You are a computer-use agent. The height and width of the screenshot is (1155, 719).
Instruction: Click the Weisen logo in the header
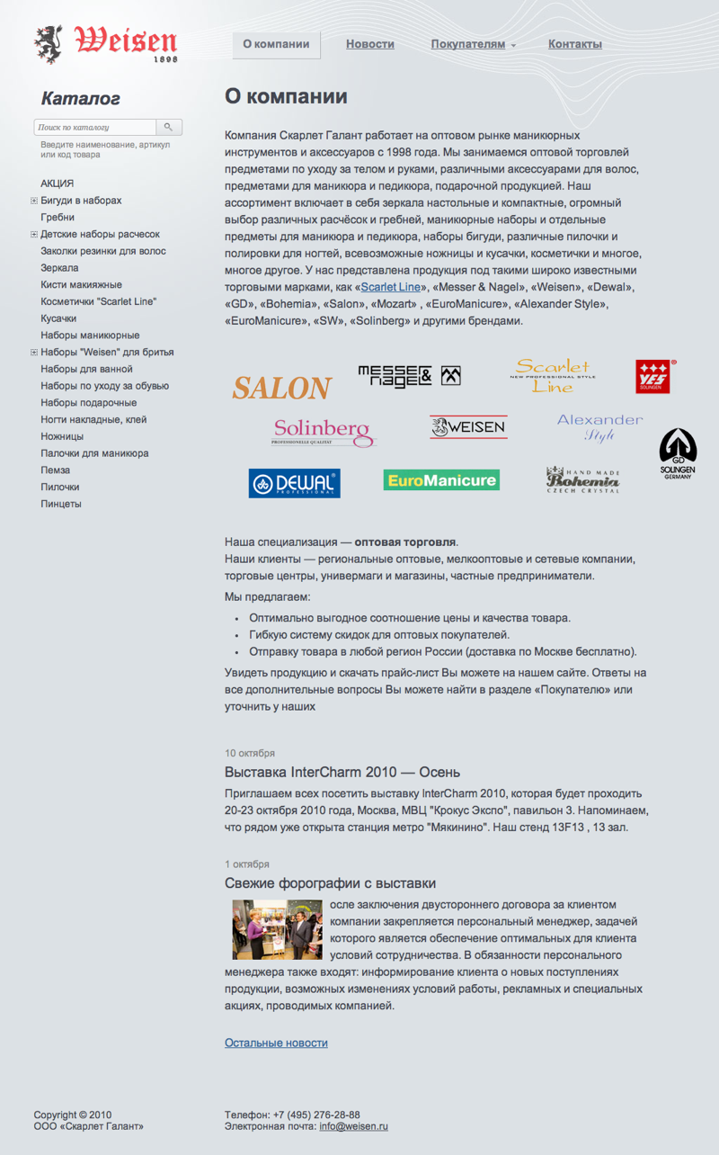click(106, 43)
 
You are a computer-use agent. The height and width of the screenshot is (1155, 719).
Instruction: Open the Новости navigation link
click(370, 44)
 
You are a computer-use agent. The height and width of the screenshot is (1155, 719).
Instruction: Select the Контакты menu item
click(575, 44)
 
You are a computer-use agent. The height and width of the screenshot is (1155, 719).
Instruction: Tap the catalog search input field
click(96, 128)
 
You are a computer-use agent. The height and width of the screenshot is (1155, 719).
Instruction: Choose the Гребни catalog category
click(58, 218)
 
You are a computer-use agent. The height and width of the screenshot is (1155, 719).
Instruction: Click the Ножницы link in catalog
click(62, 436)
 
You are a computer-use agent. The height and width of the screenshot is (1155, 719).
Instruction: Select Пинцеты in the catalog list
click(61, 504)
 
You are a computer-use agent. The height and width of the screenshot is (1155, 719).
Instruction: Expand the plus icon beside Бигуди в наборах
click(34, 201)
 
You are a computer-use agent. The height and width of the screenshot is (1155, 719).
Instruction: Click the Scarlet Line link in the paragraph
click(391, 288)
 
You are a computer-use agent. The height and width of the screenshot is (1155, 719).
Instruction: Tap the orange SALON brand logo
click(282, 388)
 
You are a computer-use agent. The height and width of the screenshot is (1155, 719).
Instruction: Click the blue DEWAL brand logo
click(294, 483)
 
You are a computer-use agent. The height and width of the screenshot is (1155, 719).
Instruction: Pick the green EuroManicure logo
click(441, 480)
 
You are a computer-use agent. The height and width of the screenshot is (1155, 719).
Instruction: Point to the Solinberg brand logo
click(324, 431)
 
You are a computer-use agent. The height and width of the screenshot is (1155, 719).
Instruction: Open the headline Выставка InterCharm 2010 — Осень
click(342, 773)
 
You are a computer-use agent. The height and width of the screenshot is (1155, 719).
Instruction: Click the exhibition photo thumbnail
click(277, 929)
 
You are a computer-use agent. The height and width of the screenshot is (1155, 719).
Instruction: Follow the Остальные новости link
click(276, 1043)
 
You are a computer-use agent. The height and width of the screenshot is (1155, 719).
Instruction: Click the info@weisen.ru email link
click(353, 1126)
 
